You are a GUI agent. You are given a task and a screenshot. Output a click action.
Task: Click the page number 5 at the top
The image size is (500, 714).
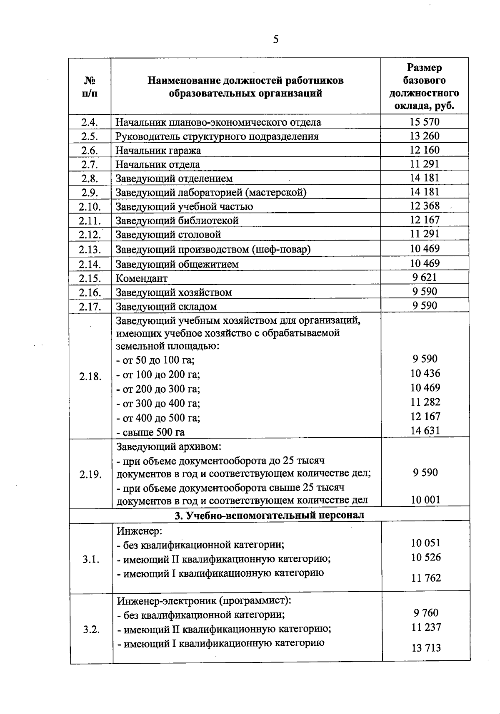[275, 40]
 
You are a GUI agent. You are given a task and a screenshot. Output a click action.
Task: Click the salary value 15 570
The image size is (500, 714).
[424, 122]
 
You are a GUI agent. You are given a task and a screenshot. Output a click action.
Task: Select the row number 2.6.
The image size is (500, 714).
[90, 151]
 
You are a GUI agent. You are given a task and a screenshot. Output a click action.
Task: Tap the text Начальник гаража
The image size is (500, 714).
[158, 151]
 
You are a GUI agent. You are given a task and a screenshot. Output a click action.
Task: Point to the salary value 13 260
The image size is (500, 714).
[424, 136]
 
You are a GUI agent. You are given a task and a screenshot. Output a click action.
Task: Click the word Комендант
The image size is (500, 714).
[141, 278]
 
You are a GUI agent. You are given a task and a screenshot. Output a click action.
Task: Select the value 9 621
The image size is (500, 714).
[425, 278]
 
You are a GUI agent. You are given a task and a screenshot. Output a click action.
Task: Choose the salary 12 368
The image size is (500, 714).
[424, 206]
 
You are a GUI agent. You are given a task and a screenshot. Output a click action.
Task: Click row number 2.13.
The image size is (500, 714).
[90, 250]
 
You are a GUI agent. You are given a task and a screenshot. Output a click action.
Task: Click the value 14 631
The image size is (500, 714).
[425, 431]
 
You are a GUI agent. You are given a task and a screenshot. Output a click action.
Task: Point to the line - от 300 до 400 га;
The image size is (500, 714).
[158, 404]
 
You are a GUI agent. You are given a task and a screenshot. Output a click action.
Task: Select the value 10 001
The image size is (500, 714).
[425, 500]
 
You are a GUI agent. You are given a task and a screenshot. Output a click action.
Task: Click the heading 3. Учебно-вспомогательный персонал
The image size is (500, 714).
[269, 515]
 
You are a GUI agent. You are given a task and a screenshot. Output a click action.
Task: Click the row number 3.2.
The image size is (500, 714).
[91, 629]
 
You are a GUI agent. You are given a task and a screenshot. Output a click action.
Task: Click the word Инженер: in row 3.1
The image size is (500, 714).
[139, 531]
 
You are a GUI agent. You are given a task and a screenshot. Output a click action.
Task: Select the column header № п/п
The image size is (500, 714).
[90, 87]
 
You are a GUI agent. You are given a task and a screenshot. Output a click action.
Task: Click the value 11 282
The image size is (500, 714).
[425, 402]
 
